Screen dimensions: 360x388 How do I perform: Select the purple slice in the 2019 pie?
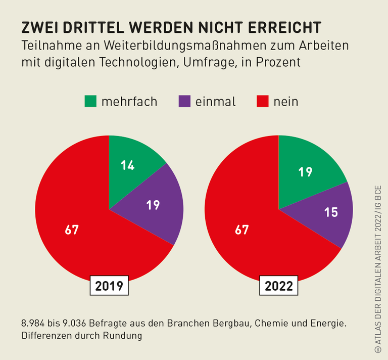pyautogui.click(x=152, y=207)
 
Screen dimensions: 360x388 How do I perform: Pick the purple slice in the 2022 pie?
pyautogui.click(x=328, y=212)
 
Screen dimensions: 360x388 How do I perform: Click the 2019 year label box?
pyautogui.click(x=109, y=286)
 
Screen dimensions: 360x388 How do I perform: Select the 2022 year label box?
pyautogui.click(x=279, y=286)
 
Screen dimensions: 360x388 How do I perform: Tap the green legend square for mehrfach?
pyautogui.click(x=90, y=101)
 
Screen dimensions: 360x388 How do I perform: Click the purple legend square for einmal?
pyautogui.click(x=184, y=101)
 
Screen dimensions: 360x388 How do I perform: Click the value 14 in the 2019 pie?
pyautogui.click(x=128, y=165)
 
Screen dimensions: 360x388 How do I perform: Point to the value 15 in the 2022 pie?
pyautogui.click(x=331, y=212)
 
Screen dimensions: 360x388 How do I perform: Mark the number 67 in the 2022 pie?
pyautogui.click(x=242, y=230)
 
